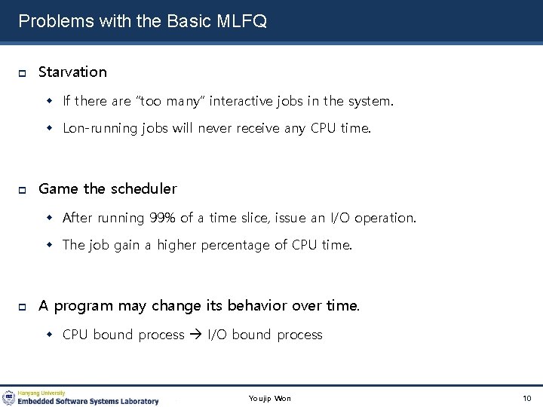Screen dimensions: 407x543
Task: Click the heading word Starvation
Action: click(72, 72)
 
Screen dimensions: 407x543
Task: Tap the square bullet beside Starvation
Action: click(23, 73)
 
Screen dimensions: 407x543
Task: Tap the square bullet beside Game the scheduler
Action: click(23, 190)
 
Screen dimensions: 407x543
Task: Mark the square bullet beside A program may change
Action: click(23, 307)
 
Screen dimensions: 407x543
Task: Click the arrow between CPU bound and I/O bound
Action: click(195, 335)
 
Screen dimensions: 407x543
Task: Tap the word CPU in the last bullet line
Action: click(75, 335)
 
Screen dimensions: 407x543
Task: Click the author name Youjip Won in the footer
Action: click(270, 398)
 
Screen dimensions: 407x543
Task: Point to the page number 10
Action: click(526, 398)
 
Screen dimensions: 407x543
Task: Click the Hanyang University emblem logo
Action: click(8, 398)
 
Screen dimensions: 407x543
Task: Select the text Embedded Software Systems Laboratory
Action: click(88, 402)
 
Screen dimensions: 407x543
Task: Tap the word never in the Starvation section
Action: click(215, 128)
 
